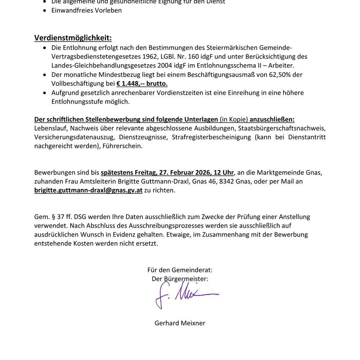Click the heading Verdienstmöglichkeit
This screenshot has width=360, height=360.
click(x=73, y=38)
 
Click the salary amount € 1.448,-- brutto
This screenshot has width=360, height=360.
click(x=142, y=84)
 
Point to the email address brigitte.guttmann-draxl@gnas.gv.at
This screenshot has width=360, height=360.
click(x=88, y=190)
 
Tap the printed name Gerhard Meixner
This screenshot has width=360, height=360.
click(x=180, y=323)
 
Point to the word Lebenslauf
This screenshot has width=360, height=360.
click(x=50, y=128)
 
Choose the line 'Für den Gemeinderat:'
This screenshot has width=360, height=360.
click(x=180, y=270)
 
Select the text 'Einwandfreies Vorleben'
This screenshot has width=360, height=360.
click(x=87, y=10)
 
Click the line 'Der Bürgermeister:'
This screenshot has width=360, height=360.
click(x=180, y=278)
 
